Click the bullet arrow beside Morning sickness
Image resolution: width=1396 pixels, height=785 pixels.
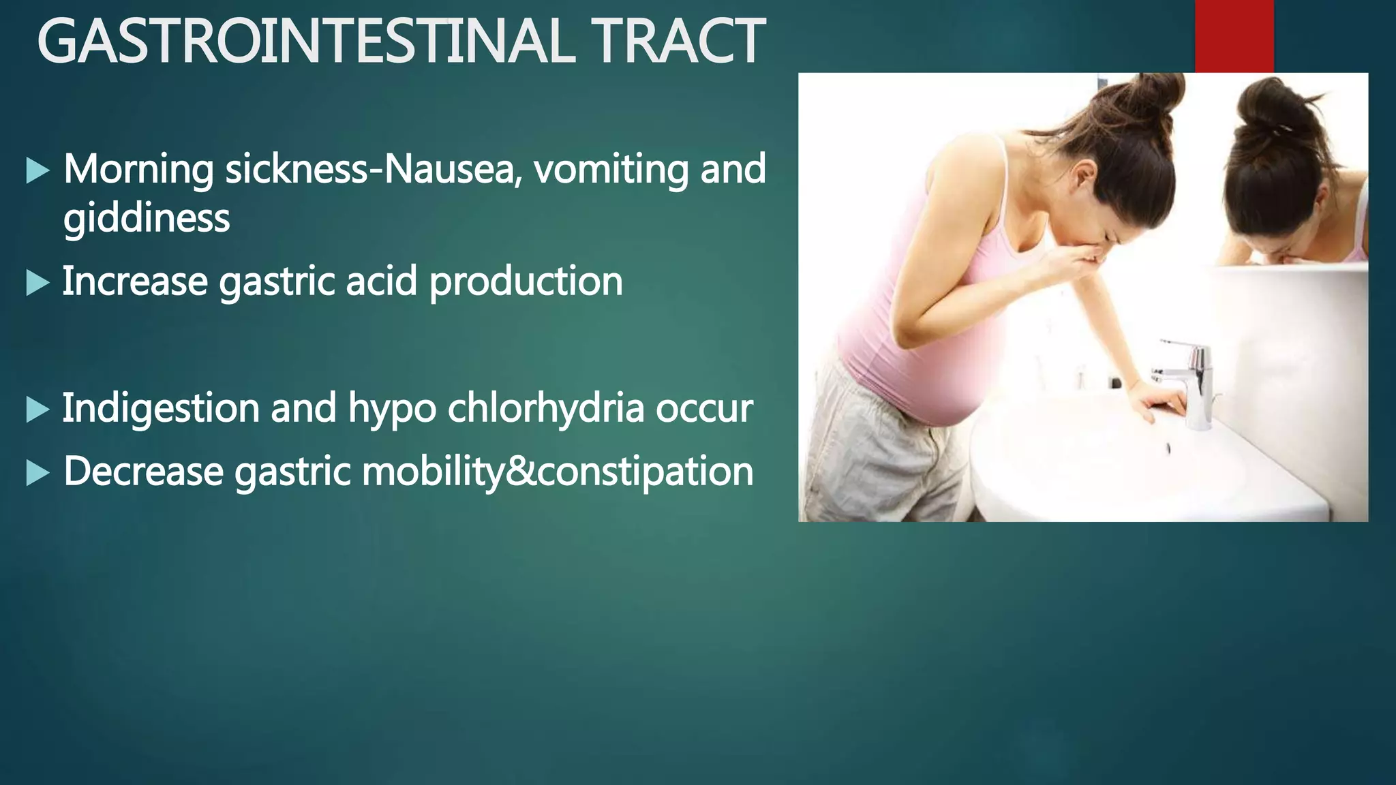pyautogui.click(x=37, y=170)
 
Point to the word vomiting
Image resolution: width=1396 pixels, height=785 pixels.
pyautogui.click(x=611, y=169)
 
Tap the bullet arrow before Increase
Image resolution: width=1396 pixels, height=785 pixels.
pyautogui.click(x=37, y=282)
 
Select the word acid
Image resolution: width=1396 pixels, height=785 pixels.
pyautogui.click(x=381, y=281)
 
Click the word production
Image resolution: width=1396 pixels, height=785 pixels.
pyautogui.click(x=526, y=282)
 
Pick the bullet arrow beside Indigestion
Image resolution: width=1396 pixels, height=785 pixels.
pyautogui.click(x=37, y=410)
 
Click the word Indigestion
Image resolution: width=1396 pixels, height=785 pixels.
pyautogui.click(x=161, y=409)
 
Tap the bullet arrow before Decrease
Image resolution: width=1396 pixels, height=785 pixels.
pyautogui.click(x=37, y=472)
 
